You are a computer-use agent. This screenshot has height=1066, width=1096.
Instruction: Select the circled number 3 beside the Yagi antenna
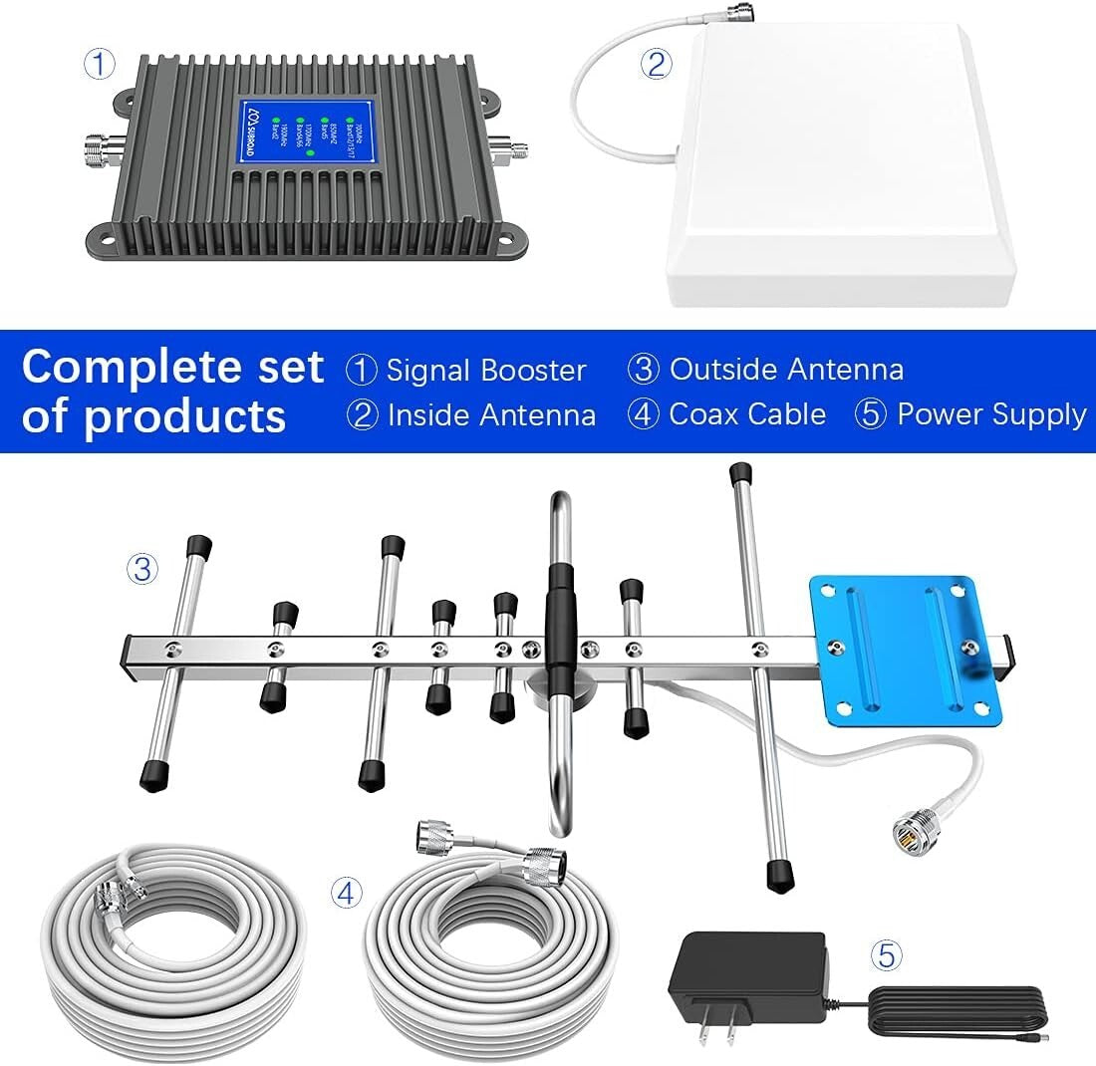[x=142, y=569]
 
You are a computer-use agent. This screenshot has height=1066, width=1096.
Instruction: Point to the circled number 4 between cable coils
[x=345, y=894]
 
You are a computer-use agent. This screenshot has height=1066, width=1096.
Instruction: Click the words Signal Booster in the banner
[x=485, y=371]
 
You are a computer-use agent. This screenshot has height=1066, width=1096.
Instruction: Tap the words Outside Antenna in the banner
[x=786, y=370]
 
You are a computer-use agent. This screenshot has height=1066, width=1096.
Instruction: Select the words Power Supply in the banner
[x=990, y=414]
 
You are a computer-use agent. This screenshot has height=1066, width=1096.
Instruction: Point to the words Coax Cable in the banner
[x=747, y=414]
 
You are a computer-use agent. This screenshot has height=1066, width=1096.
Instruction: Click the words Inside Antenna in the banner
[x=491, y=415]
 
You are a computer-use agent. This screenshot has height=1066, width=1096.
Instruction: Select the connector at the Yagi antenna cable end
[x=910, y=828]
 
